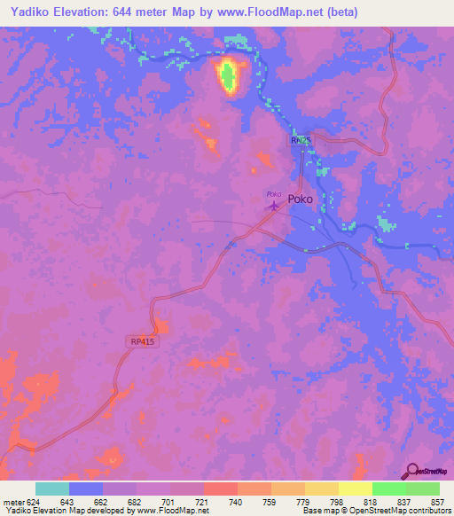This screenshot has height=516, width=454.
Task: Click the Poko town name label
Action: (x=300, y=199)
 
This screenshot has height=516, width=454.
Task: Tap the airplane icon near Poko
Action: (x=274, y=207)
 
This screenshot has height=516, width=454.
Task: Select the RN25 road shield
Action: (x=301, y=141)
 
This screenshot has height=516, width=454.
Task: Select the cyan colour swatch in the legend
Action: (x=52, y=489)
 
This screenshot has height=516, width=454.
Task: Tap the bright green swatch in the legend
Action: (x=388, y=489)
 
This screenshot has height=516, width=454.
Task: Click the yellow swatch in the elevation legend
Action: (x=355, y=489)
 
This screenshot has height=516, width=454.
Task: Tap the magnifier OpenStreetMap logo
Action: (x=411, y=470)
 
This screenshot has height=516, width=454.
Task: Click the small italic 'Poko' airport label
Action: (x=274, y=194)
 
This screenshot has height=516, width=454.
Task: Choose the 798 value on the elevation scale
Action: (x=329, y=501)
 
